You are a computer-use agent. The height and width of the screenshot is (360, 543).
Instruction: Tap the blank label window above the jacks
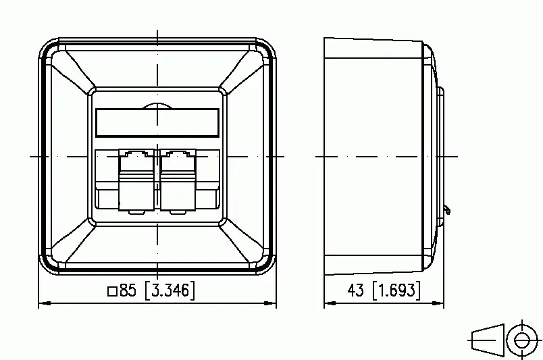pos(157,122)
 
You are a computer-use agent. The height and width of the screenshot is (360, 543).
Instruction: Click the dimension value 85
pos(128,290)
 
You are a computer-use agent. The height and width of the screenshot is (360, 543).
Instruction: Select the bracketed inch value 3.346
pos(170,290)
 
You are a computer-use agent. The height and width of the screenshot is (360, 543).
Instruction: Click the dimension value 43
pos(356,290)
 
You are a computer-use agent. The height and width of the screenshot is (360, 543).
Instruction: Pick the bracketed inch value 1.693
pos(396,290)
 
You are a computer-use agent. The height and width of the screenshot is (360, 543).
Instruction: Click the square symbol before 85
pos(112,291)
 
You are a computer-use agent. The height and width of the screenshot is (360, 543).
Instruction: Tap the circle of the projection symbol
pos(522,340)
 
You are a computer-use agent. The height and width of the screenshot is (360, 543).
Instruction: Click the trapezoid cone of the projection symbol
pos(488,340)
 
